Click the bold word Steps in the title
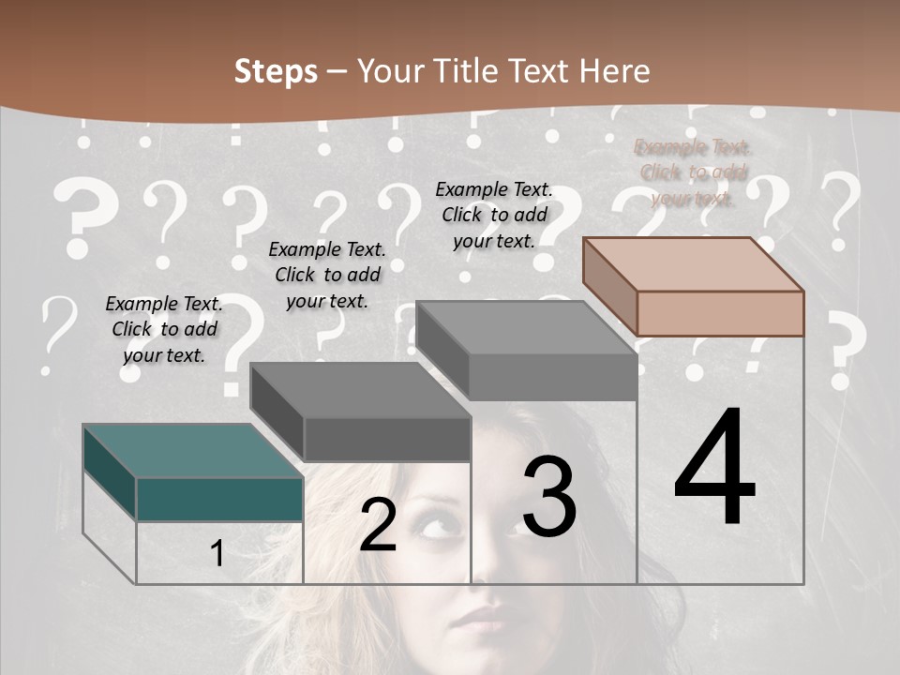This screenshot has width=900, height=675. click(x=276, y=71)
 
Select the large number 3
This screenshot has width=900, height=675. click(x=548, y=497)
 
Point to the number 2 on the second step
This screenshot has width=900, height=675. click(x=378, y=525)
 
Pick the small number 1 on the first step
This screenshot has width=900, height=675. click(x=217, y=554)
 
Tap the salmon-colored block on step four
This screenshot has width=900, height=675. click(x=694, y=286)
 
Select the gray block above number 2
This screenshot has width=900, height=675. click(x=361, y=412)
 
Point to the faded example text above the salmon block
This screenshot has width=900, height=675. click(x=694, y=172)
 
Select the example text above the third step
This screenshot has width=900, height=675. click(x=494, y=215)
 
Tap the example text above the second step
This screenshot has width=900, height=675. click(x=327, y=275)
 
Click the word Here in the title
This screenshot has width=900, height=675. click(x=615, y=71)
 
